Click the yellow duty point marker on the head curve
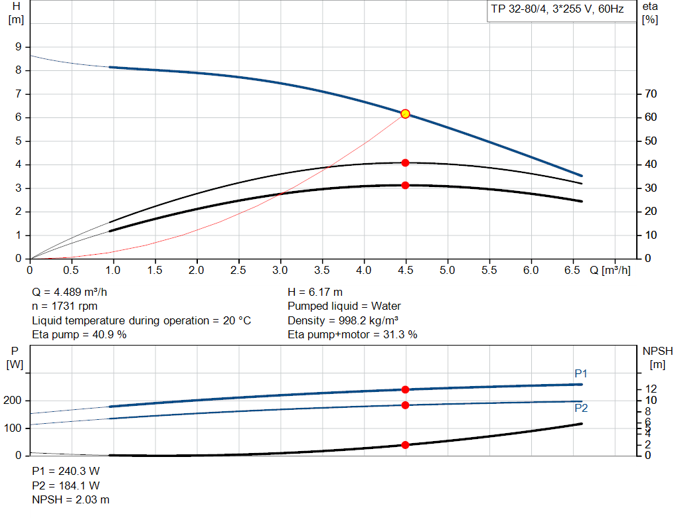[405, 114]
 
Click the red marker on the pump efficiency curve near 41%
[405, 162]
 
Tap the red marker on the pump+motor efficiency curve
[405, 185]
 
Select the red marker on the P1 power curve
[405, 389]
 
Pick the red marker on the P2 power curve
[405, 405]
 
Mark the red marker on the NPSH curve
[405, 444]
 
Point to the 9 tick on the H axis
[19, 47]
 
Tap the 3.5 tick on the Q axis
[322, 271]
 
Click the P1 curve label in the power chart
[580, 374]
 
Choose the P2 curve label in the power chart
[580, 409]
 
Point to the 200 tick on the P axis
[15, 401]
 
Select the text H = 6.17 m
[315, 292]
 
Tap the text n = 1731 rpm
[65, 306]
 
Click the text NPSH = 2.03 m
[71, 499]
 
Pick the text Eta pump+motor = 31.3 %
[353, 334]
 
